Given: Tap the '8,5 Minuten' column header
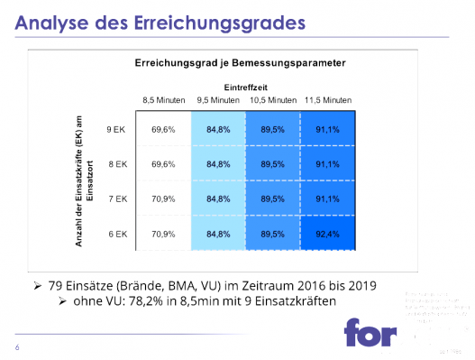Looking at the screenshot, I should (x=163, y=99).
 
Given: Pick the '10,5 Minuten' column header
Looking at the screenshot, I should (x=273, y=99).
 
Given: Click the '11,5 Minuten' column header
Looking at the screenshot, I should (x=329, y=99).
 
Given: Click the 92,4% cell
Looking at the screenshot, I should (x=328, y=234).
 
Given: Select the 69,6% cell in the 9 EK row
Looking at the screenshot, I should (x=163, y=130).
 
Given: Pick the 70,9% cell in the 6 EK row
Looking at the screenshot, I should (x=163, y=234).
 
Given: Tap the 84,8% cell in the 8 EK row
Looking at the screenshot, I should (x=218, y=164).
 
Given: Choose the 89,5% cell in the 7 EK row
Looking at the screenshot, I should (x=273, y=198).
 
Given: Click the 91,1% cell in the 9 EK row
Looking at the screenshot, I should (x=328, y=130).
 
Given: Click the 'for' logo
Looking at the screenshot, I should (x=370, y=332).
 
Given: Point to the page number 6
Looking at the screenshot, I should (x=17, y=347).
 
